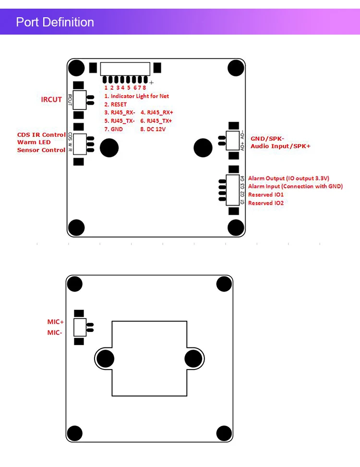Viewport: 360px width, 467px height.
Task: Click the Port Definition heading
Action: tap(55, 22)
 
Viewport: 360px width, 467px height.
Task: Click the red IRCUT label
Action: tap(51, 99)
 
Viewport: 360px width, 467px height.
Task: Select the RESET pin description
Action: tap(116, 104)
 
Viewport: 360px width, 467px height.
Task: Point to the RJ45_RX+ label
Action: tap(157, 112)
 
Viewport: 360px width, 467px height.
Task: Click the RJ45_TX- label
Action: tap(120, 121)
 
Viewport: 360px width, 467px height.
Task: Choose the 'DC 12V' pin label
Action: tap(156, 129)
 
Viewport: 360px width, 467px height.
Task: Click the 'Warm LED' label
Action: tap(34, 142)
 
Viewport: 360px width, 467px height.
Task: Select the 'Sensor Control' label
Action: tap(41, 150)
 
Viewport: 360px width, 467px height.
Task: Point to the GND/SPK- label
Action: tap(267, 138)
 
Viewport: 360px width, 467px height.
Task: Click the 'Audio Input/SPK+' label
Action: tap(281, 146)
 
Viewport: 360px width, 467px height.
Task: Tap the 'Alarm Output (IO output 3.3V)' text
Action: tap(288, 178)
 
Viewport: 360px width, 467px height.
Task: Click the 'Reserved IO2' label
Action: tap(266, 203)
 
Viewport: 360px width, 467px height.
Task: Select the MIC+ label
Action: tap(56, 322)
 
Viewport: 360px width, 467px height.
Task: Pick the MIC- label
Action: tap(55, 332)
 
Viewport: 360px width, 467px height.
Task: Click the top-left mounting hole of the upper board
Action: tap(76, 68)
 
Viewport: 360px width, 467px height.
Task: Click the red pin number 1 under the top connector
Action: tap(106, 88)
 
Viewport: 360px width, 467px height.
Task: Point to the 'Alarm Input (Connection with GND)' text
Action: tap(295, 186)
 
